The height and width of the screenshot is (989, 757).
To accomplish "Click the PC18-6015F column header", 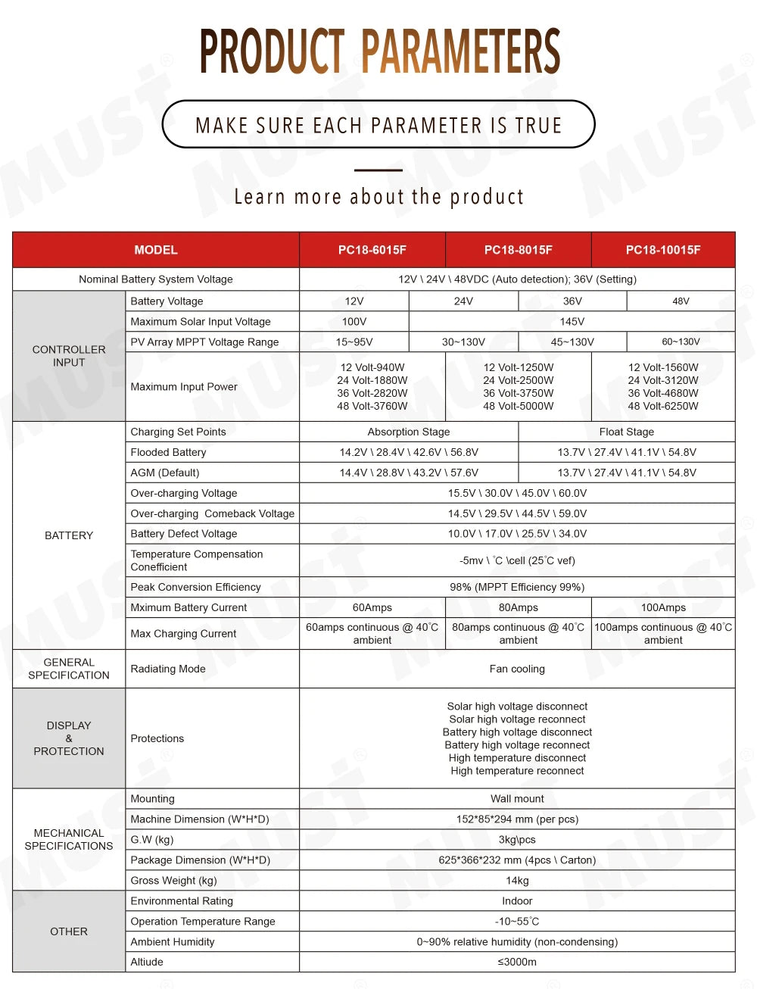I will [x=372, y=250].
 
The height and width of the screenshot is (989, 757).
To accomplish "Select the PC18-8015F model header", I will [x=519, y=250].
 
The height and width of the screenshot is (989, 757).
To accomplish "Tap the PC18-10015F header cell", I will [x=663, y=250].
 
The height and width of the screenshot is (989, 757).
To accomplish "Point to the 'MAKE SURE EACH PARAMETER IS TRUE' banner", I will [x=378, y=125].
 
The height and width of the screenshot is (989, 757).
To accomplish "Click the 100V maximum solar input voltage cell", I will [x=354, y=322].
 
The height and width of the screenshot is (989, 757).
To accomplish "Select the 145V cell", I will [x=572, y=322].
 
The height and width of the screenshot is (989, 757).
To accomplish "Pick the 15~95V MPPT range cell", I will [x=354, y=342].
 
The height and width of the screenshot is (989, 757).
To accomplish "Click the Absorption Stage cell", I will [x=409, y=432].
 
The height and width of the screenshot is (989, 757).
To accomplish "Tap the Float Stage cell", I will [x=627, y=432].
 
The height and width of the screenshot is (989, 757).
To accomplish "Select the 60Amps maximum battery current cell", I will [x=372, y=607].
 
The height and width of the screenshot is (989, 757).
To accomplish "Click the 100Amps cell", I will [x=663, y=607].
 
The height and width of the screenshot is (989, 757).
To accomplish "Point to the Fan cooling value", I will [x=517, y=669].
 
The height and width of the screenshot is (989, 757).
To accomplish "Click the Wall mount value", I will [x=517, y=799].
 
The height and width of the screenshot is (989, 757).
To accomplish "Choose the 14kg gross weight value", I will [x=517, y=881].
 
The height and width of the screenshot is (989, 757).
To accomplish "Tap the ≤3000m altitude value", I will [x=517, y=962].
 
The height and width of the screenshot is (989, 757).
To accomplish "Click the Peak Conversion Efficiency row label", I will [x=195, y=587].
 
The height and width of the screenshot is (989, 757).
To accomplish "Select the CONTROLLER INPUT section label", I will [x=69, y=356].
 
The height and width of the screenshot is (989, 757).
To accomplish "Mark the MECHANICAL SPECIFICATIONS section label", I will [x=69, y=839].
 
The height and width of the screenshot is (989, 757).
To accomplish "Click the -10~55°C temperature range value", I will [x=517, y=922].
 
